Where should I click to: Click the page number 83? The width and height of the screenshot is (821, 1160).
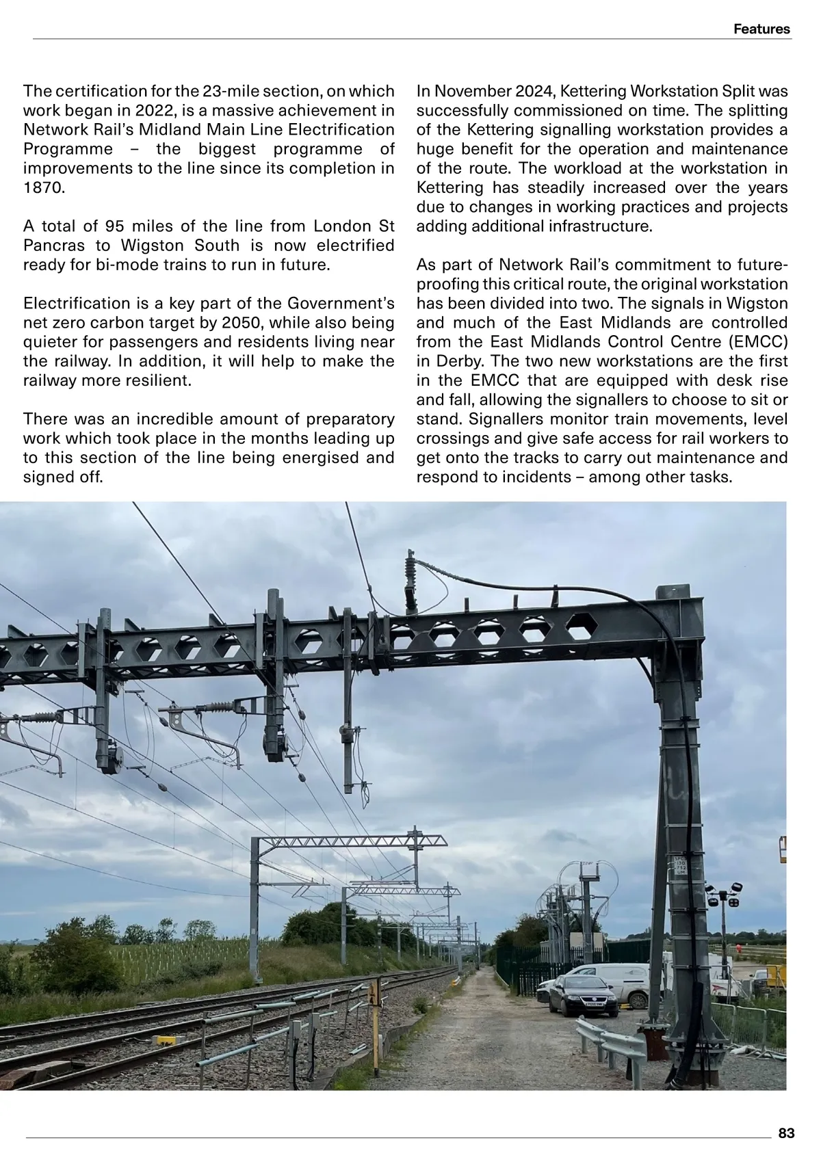(786, 1133)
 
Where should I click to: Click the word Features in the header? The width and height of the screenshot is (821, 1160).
(761, 29)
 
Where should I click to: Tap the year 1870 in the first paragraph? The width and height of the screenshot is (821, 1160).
(44, 188)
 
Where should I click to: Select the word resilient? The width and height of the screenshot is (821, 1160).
(155, 380)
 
